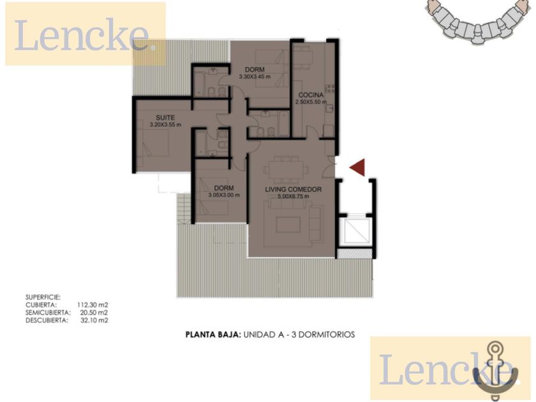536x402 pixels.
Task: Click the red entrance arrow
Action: click(359, 167)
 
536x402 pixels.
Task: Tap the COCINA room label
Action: click(311, 95)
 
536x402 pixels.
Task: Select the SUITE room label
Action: click(165, 118)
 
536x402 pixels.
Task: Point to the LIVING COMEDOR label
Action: click(294, 190)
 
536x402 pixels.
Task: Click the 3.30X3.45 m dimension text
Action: click(255, 77)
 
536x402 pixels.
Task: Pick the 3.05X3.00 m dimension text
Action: click(224, 195)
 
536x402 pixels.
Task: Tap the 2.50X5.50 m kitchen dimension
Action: click(311, 102)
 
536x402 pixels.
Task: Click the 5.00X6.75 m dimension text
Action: click(294, 197)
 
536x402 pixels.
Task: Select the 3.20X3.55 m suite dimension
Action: click(165, 125)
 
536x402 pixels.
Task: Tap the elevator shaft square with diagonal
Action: click(357, 232)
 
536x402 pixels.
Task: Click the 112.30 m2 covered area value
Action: click(93, 305)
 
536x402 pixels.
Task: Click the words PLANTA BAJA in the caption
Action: click(214, 334)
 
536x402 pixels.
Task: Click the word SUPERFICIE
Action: click(43, 297)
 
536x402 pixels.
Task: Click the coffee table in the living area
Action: click(288, 225)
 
